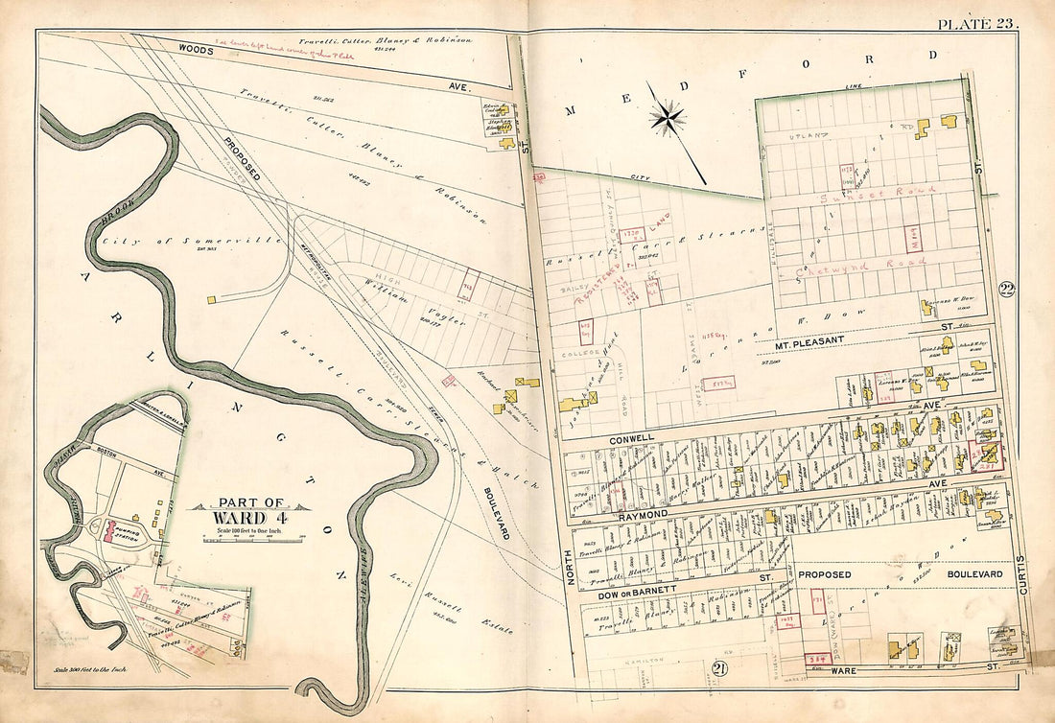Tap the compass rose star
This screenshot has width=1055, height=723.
coord(667,118)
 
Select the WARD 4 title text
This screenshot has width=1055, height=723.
coord(250,516)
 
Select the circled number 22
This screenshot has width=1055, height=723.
coord(1006,291)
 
